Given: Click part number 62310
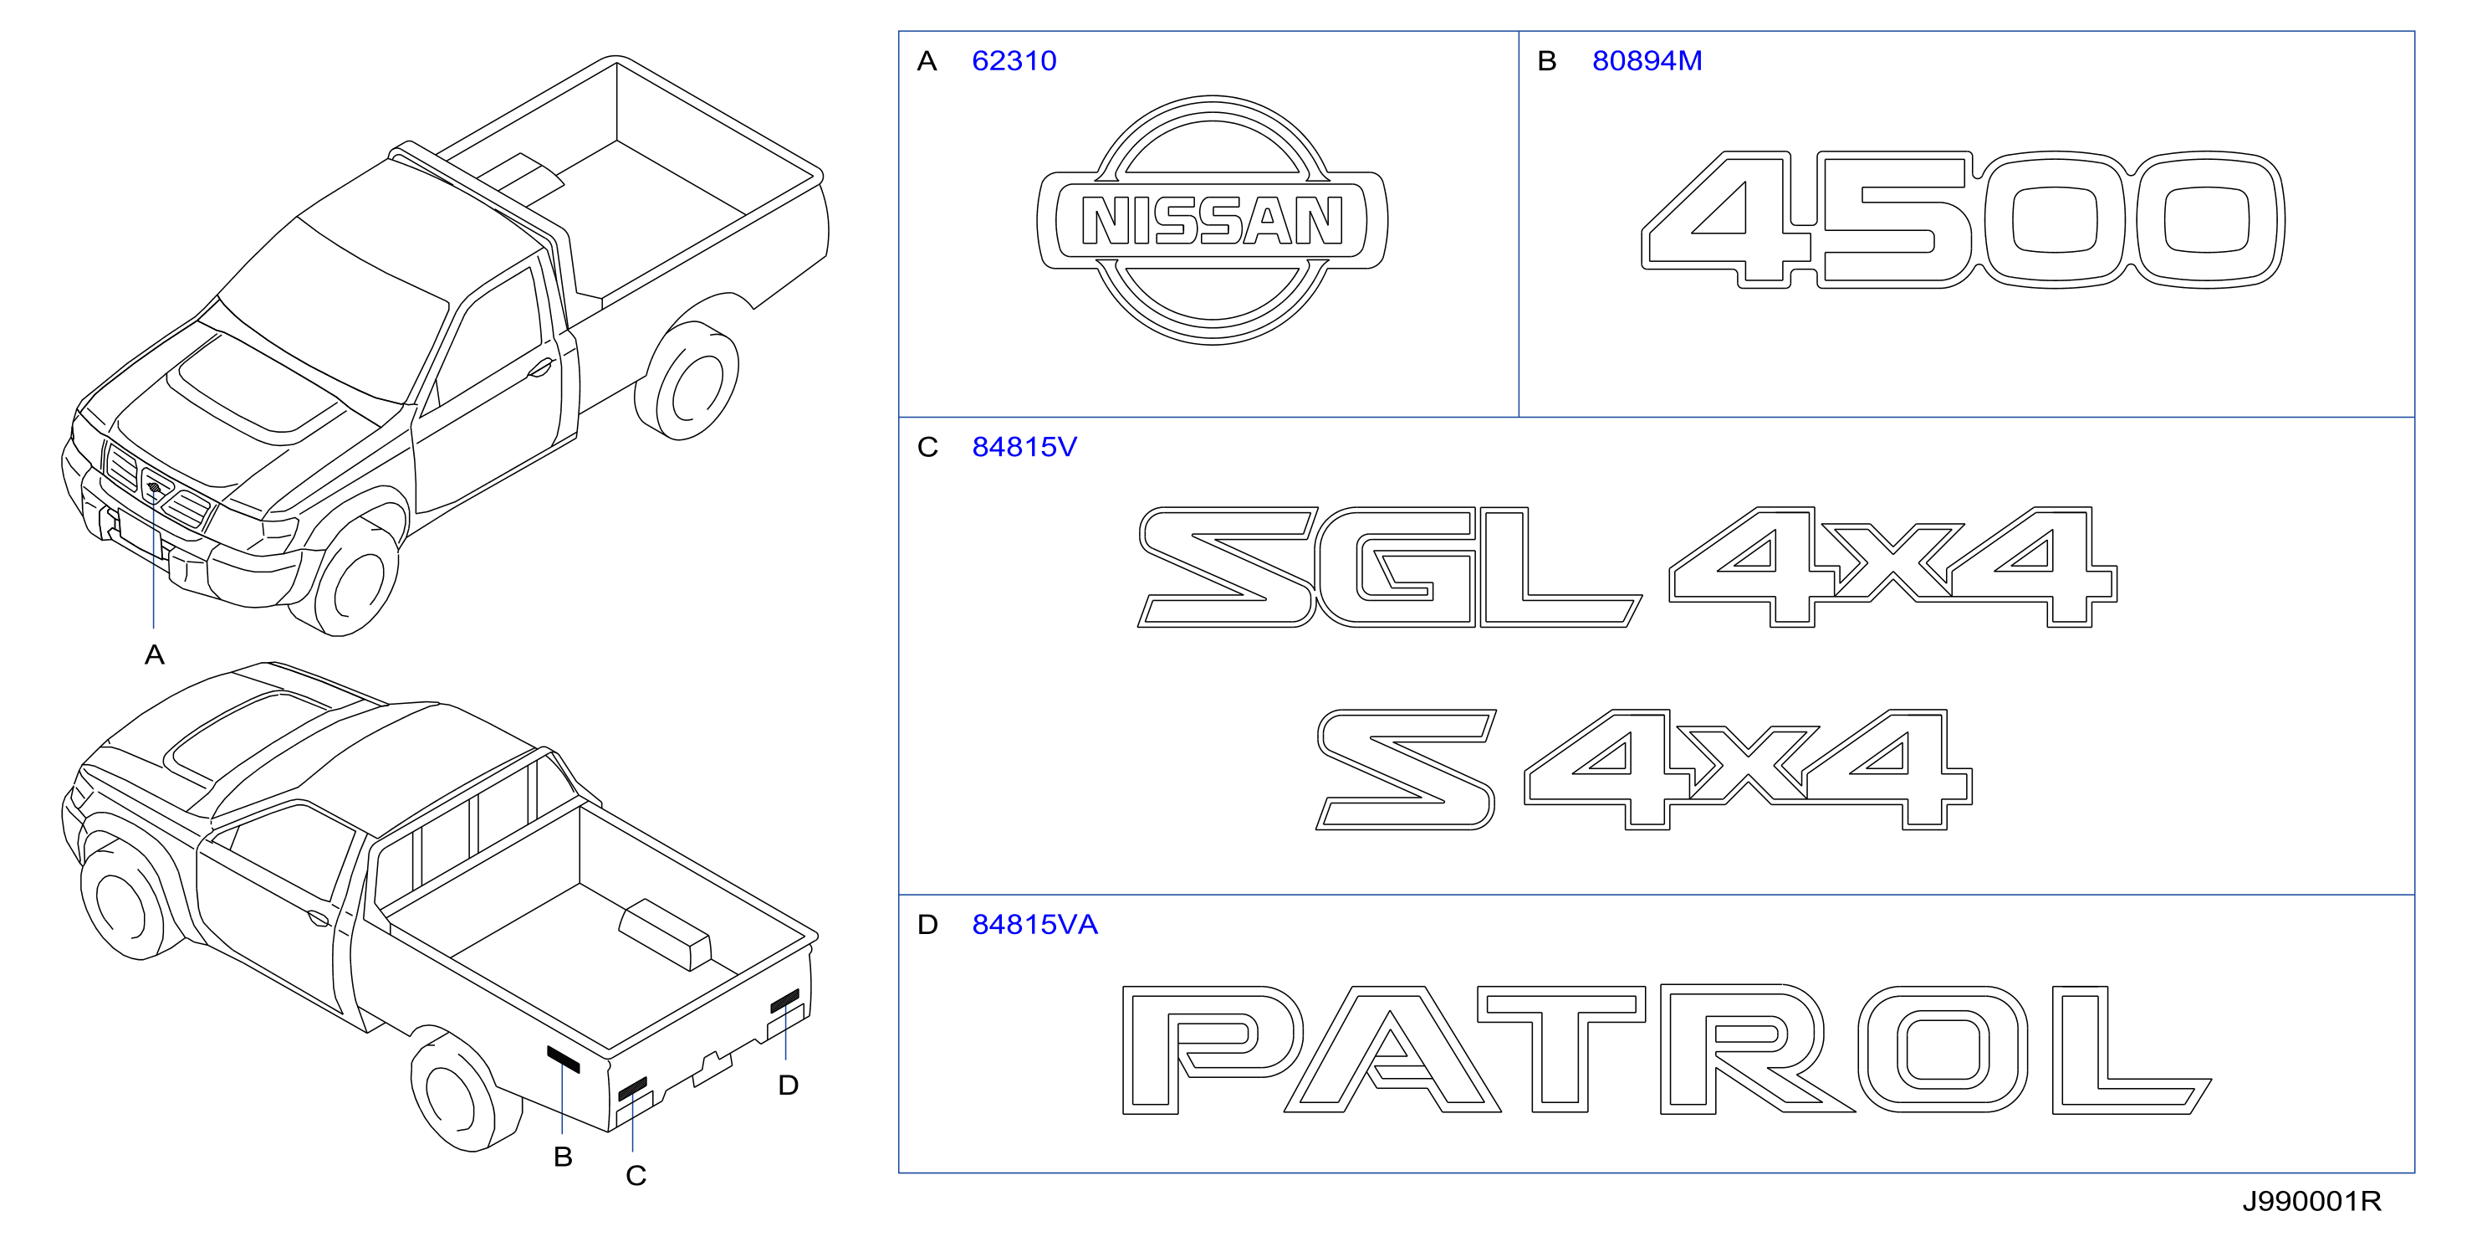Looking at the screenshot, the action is coord(1014,60).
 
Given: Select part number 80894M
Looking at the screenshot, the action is coord(1647,60).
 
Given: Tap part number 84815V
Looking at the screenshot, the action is coord(1024,446).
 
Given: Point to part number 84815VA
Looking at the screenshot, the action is coord(1034,925).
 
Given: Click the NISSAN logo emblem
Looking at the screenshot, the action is coord(1212,220).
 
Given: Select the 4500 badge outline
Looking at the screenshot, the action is coord(1963,219).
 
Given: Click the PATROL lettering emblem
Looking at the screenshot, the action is coord(1667,1050).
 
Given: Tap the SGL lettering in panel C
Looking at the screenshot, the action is coord(1390,567).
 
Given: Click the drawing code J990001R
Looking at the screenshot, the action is coord(2311,1201).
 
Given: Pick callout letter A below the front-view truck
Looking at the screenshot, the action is coord(154,655).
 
